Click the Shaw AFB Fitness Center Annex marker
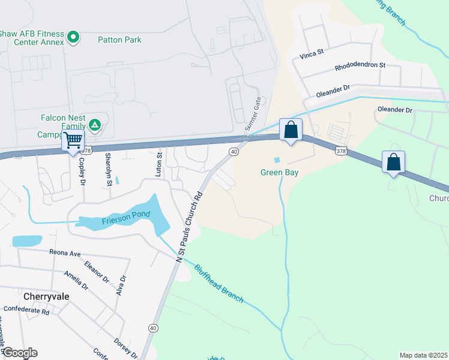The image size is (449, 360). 74,38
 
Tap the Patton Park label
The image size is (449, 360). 119,40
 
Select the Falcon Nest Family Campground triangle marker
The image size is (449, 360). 94,125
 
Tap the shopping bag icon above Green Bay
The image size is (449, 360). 291,130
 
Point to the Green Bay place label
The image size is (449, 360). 279,173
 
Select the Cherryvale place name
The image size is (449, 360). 46,296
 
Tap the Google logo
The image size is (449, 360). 20,353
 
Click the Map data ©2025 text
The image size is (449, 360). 423,355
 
